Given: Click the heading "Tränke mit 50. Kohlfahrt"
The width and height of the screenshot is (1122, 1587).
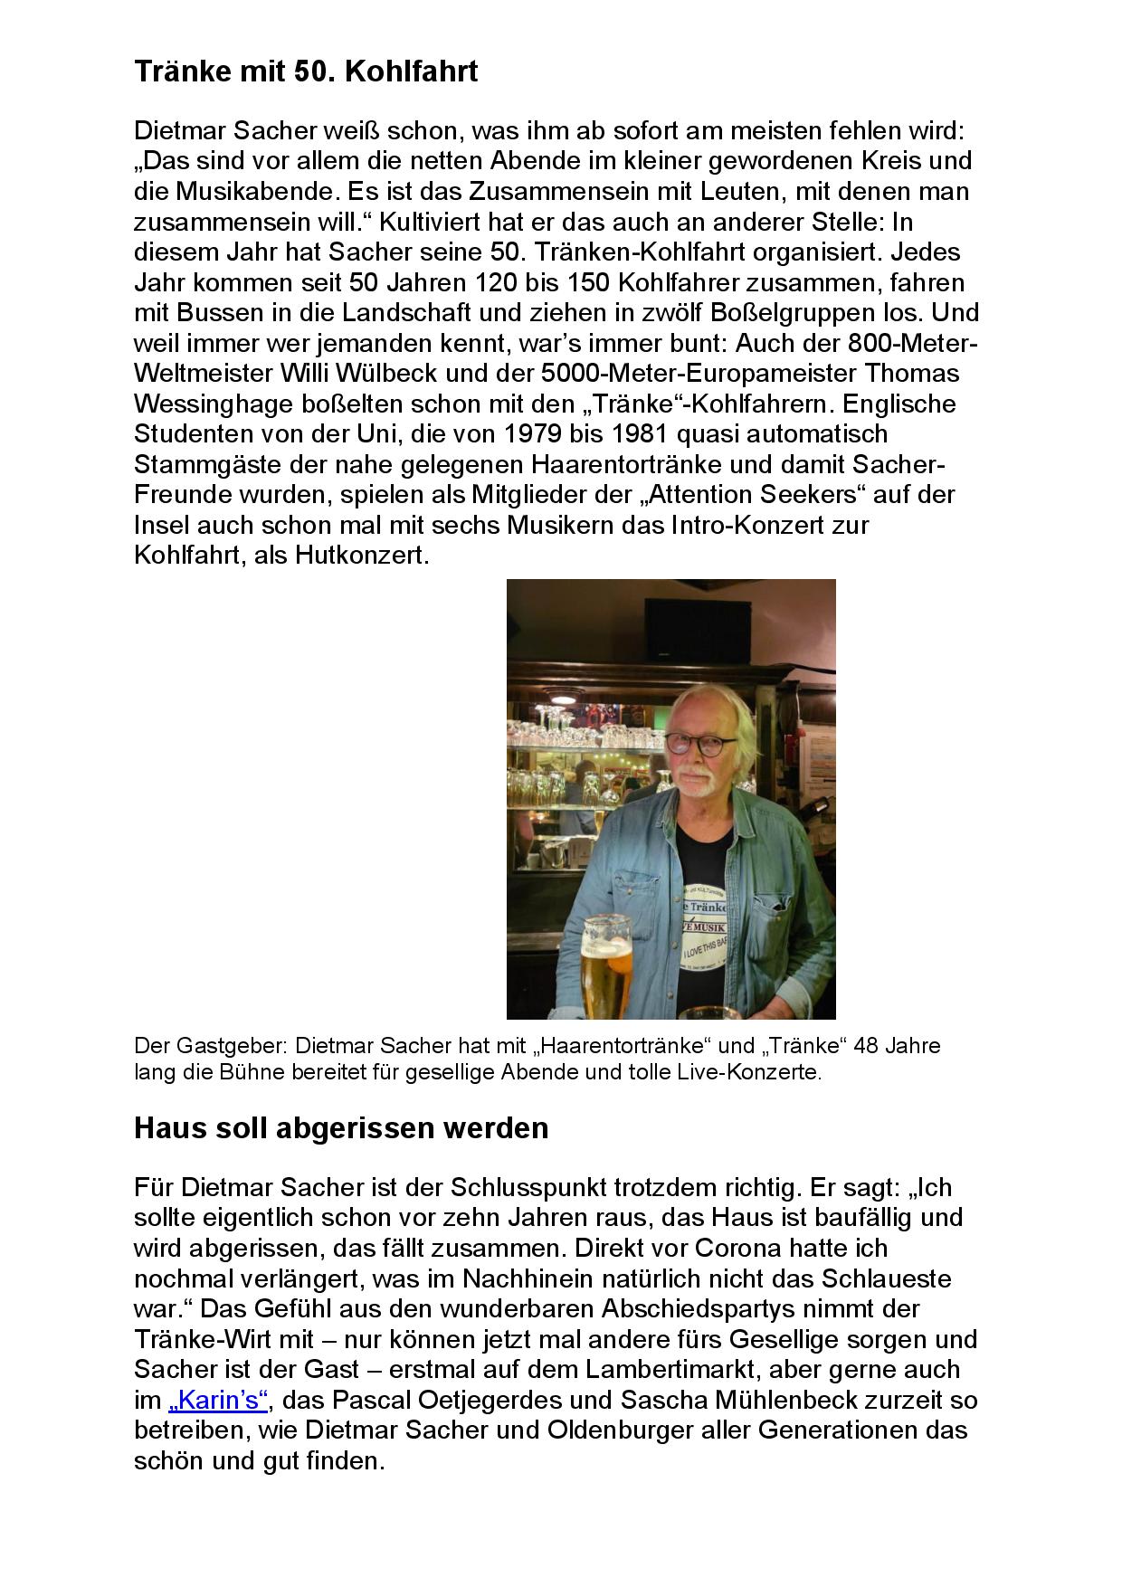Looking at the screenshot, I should [306, 71].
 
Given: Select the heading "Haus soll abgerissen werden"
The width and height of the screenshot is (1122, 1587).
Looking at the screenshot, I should [341, 1128].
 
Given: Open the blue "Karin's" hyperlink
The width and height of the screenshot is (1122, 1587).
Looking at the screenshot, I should [218, 1400].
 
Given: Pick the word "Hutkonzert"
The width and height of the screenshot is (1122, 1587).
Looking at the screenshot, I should [360, 555].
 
